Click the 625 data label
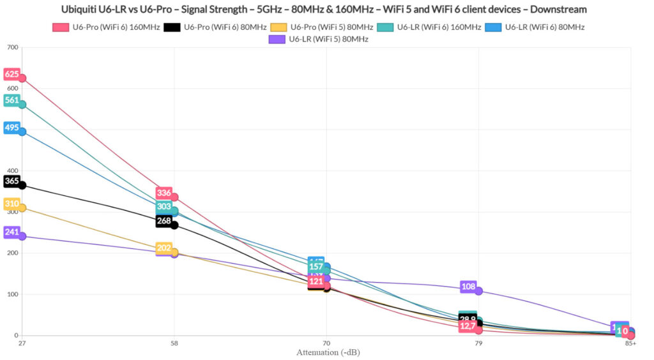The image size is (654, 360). coord(12,74)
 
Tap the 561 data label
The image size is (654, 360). coord(12,100)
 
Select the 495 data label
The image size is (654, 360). coord(12,128)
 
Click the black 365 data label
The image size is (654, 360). coord(12,181)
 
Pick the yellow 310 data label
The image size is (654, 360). coord(12,204)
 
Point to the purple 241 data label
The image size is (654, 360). coord(12,232)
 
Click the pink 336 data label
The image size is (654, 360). coord(164,193)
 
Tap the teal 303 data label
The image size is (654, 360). coord(164,207)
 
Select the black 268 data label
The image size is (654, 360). coord(164,221)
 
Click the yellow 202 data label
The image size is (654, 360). coord(164,248)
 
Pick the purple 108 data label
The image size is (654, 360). coord(468,287)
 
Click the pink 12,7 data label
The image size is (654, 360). coord(468,326)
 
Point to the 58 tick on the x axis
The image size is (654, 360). coord(174,343)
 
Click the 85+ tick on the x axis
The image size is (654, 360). coord(630,343)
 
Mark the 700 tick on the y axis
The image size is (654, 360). coord(11,48)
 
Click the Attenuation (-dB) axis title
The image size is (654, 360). coord(326,352)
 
